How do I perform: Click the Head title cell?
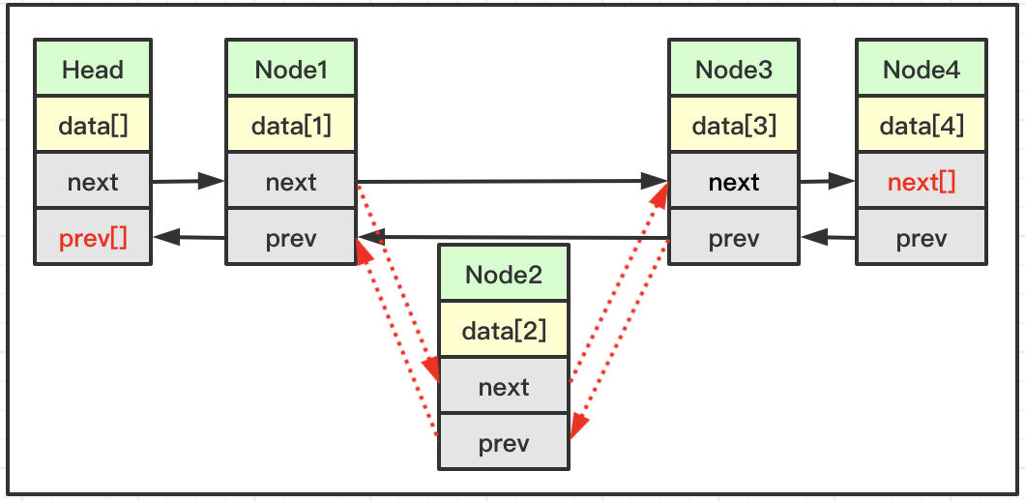click(x=93, y=68)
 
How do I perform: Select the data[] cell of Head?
click(x=93, y=124)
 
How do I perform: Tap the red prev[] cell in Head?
click(x=93, y=237)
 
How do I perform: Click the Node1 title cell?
click(x=291, y=68)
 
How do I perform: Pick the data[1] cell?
click(x=291, y=124)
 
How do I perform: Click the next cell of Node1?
click(x=291, y=181)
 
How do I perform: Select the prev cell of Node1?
click(x=291, y=237)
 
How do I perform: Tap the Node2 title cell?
click(x=504, y=274)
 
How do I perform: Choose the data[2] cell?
click(x=504, y=330)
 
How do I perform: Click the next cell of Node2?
click(x=504, y=385)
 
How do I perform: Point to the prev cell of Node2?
click(x=504, y=441)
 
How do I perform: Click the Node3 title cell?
click(x=733, y=68)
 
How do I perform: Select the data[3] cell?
click(x=733, y=124)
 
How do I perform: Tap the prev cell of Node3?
click(x=733, y=237)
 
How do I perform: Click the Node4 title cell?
click(x=922, y=68)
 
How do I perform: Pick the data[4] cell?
click(x=922, y=124)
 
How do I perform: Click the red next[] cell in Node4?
click(x=922, y=181)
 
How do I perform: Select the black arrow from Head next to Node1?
click(x=189, y=181)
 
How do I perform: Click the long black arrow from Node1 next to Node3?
click(x=512, y=181)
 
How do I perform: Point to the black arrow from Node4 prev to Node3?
click(x=828, y=237)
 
